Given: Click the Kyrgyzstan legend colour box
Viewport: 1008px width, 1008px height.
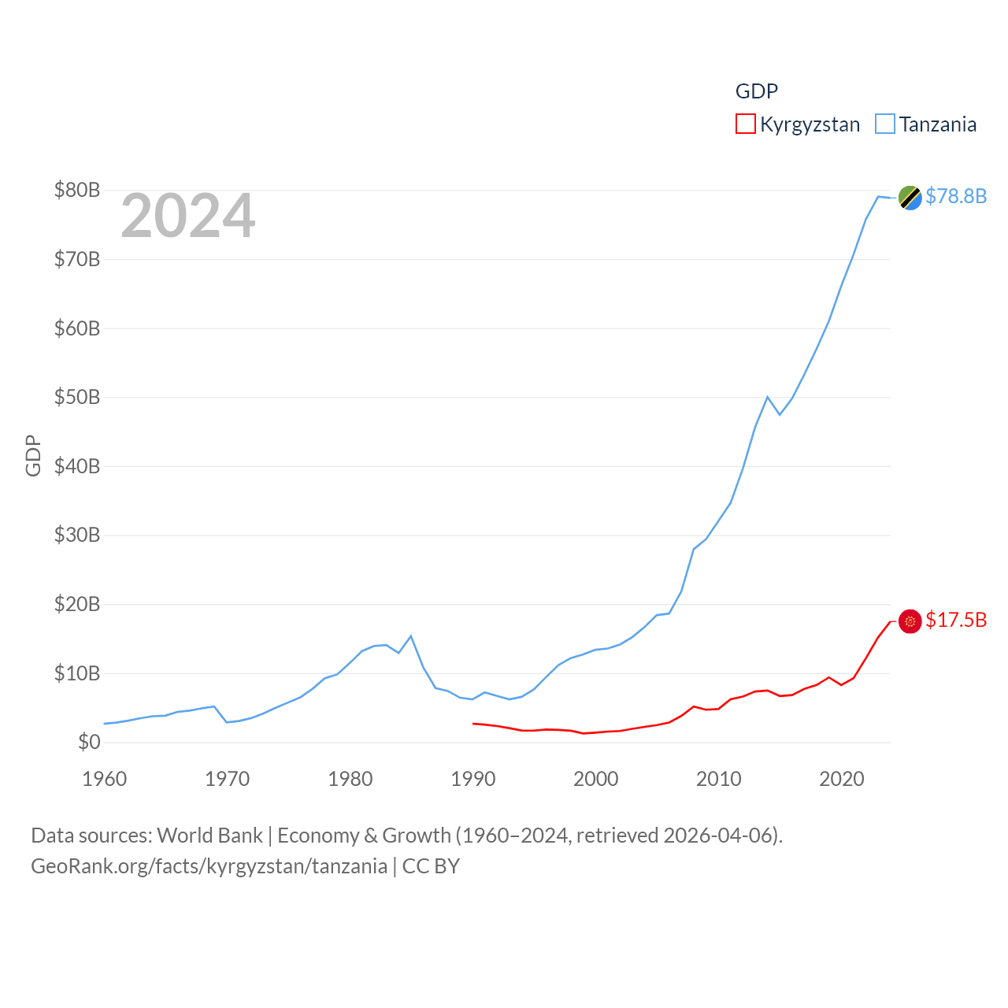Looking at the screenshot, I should [745, 124].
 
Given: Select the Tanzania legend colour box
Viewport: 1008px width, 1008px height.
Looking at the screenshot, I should [885, 124].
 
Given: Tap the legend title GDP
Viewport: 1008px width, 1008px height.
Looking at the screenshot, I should [756, 91].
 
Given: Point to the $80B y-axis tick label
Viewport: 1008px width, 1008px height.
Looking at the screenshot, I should [76, 190].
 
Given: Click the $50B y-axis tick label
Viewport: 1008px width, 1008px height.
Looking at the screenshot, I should [76, 397].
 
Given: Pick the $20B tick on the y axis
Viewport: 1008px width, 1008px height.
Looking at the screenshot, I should [76, 604].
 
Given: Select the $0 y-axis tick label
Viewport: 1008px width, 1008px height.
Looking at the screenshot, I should [88, 742].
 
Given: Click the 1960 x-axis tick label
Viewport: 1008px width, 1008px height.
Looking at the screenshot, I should [104, 779].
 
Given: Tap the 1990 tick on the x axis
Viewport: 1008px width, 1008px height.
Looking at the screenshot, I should [472, 779].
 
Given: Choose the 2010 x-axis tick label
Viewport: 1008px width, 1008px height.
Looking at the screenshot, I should [718, 779].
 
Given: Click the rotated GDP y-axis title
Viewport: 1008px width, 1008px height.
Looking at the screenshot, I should [33, 455].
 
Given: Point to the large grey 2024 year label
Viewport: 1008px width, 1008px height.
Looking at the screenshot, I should [187, 216].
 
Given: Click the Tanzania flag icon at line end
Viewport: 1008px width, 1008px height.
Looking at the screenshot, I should [910, 198].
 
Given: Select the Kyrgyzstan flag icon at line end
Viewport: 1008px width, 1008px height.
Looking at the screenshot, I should [910, 621].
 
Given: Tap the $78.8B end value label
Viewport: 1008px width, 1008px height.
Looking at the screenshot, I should [955, 196].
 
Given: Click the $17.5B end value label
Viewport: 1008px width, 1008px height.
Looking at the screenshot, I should [955, 620].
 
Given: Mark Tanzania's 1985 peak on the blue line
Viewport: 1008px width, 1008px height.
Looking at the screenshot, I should [411, 636].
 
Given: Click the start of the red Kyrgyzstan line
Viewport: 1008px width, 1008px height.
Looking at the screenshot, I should [473, 723].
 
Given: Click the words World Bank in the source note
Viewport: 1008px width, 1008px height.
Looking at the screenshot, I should [209, 836].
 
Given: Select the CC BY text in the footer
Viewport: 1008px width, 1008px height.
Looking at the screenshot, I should [431, 866].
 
